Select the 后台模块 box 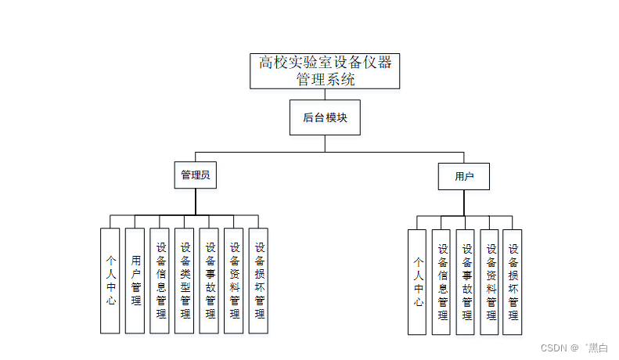pyautogui.click(x=325, y=117)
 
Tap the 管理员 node pyautogui.click(x=195, y=175)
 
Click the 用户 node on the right pyautogui.click(x=464, y=176)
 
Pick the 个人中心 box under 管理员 pyautogui.click(x=110, y=280)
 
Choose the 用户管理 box pyautogui.click(x=135, y=280)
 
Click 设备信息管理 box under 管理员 pyautogui.click(x=160, y=280)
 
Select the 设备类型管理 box pyautogui.click(x=185, y=280)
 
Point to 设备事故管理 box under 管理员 pyautogui.click(x=209, y=280)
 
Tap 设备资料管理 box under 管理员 pyautogui.click(x=234, y=280)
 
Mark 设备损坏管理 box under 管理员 pyautogui.click(x=259, y=280)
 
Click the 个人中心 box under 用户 pyautogui.click(x=418, y=282)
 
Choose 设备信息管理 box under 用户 pyautogui.click(x=441, y=282)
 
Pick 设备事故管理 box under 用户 pyautogui.click(x=466, y=282)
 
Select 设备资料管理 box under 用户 pyautogui.click(x=490, y=282)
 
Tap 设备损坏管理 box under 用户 pyautogui.click(x=513, y=282)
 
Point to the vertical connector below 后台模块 pyautogui.click(x=325, y=143)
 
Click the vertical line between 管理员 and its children pyautogui.click(x=195, y=201)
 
